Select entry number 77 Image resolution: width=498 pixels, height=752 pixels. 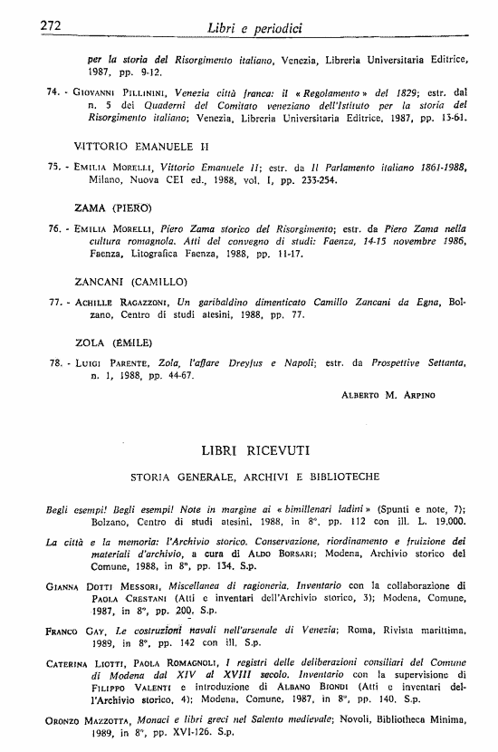[x=52, y=304]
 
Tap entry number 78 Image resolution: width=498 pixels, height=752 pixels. [x=52, y=363]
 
